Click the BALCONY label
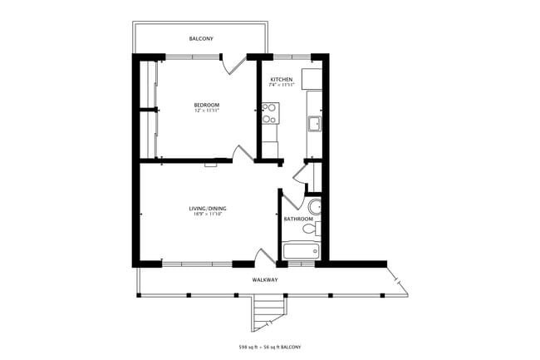200,39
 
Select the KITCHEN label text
282,80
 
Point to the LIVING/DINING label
208,208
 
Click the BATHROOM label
297,219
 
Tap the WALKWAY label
265,280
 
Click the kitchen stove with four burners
270,112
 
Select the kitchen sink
315,125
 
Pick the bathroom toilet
311,228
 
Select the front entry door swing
264,256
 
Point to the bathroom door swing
291,200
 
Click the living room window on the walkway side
197,264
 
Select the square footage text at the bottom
269,346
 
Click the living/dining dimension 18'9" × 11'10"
208,215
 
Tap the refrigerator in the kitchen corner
312,78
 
